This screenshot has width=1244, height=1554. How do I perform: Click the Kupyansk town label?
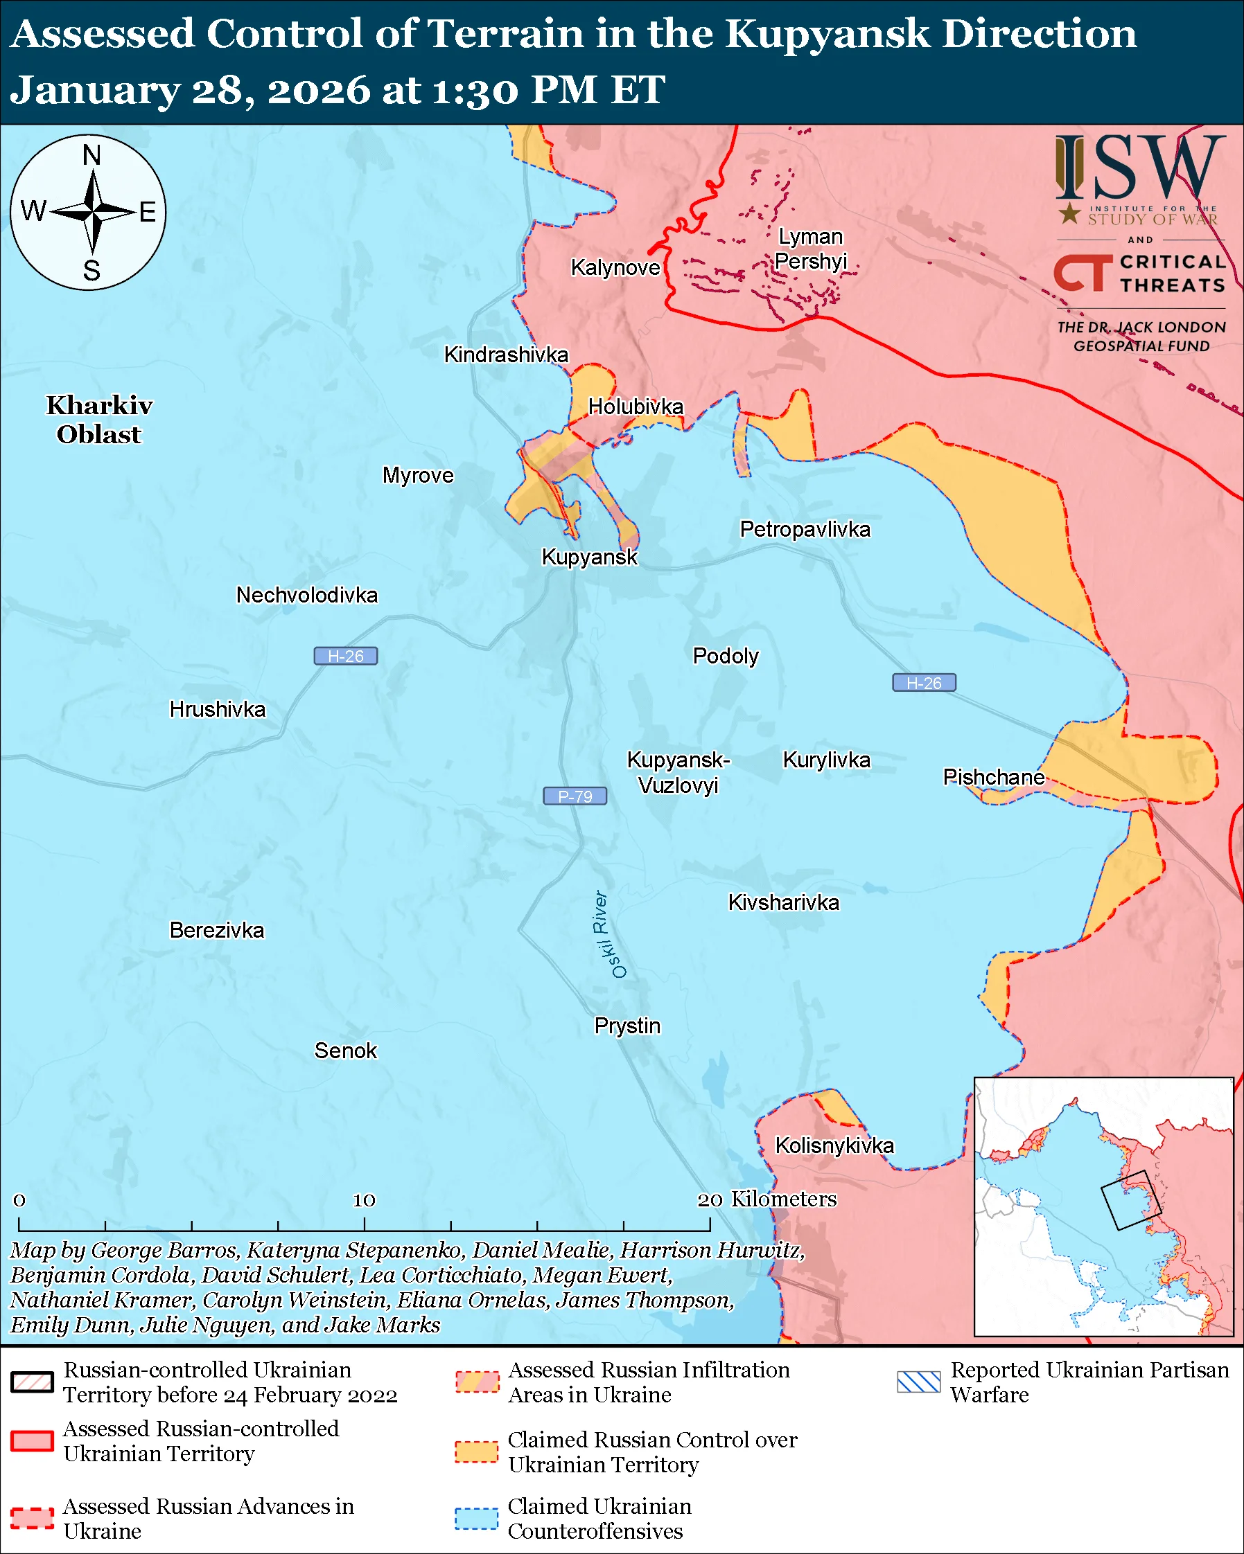[589, 557]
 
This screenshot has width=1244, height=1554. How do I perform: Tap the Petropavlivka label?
[805, 529]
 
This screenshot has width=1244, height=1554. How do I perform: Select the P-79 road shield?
[575, 796]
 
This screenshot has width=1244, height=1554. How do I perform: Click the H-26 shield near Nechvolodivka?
[345, 656]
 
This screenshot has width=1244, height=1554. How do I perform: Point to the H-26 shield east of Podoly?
[924, 683]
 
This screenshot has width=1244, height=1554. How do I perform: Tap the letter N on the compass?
[91, 155]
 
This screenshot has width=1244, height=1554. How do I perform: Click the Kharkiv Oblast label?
[100, 420]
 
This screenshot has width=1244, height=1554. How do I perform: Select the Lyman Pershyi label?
[811, 249]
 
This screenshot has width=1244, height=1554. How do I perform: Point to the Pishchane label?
[994, 777]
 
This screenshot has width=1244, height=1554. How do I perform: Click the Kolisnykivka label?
[834, 1145]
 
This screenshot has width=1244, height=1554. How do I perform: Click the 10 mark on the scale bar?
[364, 1199]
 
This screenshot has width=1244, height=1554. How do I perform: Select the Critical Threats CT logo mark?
[1083, 273]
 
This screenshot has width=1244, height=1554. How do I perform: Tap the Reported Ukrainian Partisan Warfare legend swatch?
[919, 1382]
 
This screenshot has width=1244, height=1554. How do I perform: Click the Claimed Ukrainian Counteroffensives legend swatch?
[476, 1518]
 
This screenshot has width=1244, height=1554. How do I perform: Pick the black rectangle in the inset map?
[1131, 1200]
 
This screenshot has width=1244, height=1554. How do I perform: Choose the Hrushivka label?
[217, 709]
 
